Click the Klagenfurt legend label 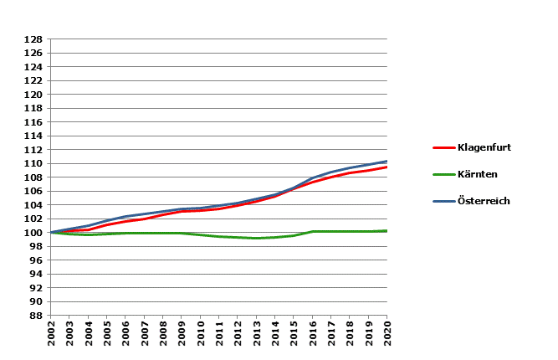click(x=484, y=147)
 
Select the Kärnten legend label click(x=478, y=174)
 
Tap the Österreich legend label click(x=484, y=201)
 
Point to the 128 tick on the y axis click(x=33, y=39)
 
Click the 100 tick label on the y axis click(x=33, y=232)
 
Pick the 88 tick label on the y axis click(x=36, y=315)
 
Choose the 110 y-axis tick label click(x=33, y=163)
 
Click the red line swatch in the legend click(x=443, y=147)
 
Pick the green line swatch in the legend click(x=443, y=174)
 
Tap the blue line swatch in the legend click(x=443, y=201)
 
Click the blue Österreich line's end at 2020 click(x=387, y=161)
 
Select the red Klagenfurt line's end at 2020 click(x=387, y=167)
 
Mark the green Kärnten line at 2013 click(x=256, y=238)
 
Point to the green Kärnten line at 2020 click(x=387, y=230)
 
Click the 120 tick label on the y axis click(x=33, y=95)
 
